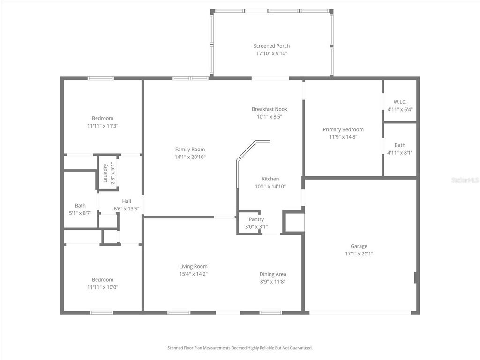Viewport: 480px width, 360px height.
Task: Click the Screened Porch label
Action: click(271, 46)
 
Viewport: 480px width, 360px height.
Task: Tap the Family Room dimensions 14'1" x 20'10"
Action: click(190, 157)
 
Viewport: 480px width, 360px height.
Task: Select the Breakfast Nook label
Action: click(269, 109)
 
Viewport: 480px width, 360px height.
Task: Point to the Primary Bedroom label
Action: click(343, 129)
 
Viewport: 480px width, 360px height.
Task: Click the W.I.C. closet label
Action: click(400, 102)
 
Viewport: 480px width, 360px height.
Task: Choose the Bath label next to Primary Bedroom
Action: click(400, 145)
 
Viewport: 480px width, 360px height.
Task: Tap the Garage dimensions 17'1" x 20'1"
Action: click(359, 254)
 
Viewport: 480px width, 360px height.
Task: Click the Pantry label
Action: click(256, 219)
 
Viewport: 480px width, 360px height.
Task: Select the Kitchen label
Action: click(270, 179)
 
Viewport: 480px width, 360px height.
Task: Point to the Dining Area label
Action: click(273, 274)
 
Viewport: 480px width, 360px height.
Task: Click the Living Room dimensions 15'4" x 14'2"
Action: click(193, 274)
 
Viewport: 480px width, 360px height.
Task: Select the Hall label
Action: click(126, 201)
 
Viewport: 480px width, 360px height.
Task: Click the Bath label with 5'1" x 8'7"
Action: click(80, 205)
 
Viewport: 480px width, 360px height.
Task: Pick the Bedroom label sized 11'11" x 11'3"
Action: click(102, 118)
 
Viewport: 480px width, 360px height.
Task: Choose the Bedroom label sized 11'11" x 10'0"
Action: click(102, 280)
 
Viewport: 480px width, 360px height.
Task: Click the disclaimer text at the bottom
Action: click(240, 348)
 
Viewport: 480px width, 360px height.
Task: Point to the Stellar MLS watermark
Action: click(465, 180)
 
